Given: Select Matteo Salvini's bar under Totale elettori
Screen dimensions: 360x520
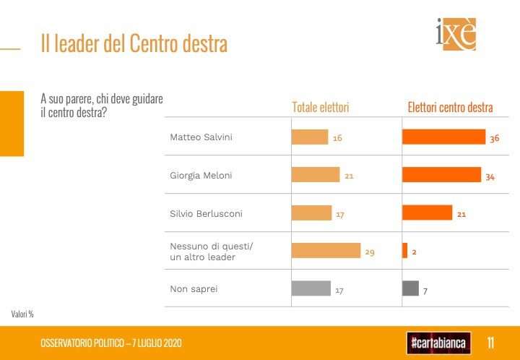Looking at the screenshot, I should [x=309, y=137].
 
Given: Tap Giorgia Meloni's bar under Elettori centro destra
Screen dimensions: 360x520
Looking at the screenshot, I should [x=441, y=175].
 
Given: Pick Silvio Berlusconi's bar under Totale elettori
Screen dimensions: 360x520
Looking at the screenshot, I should [x=311, y=213].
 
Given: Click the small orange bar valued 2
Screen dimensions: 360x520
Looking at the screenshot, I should [x=405, y=251].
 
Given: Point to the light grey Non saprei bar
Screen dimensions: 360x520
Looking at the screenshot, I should [x=311, y=289].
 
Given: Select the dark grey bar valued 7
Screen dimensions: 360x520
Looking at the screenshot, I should [x=410, y=289].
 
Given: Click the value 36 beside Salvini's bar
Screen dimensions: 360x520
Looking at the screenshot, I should [x=495, y=138].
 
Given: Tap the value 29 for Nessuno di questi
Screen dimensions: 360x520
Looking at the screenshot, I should [x=370, y=252].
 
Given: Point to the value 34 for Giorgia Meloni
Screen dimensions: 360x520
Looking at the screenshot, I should [x=490, y=176].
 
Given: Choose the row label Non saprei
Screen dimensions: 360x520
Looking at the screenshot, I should [x=193, y=289].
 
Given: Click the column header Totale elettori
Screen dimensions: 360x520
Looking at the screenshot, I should [x=320, y=108].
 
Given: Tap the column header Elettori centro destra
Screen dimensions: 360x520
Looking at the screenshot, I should [x=450, y=108].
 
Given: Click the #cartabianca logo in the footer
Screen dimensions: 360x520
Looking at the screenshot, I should [x=438, y=342].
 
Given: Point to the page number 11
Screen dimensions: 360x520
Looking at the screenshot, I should [x=490, y=342].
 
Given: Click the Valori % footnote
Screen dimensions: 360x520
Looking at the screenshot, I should [x=22, y=314].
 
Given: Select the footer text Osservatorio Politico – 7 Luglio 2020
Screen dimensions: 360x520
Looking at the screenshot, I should [x=111, y=343].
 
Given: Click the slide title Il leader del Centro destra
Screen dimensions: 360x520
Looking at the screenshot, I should [x=134, y=44].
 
